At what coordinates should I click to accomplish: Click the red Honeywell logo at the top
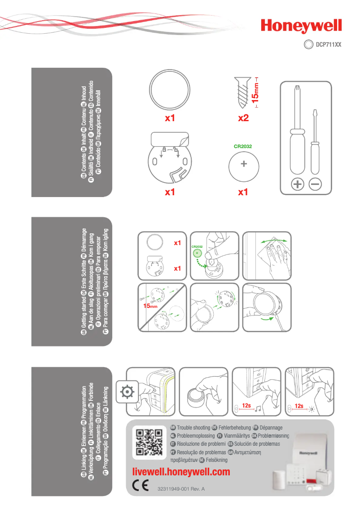pos(301,26)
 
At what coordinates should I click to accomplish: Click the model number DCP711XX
pos(328,44)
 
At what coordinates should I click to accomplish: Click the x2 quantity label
pos(243,118)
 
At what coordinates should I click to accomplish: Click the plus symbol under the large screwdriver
pos(298,184)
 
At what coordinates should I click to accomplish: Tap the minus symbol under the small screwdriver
pos(316,184)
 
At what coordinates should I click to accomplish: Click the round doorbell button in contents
pos(169,87)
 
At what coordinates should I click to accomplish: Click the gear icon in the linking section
pos(127,392)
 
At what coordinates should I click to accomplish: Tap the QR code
pos(149,443)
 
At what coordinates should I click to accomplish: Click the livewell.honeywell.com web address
pos(182,472)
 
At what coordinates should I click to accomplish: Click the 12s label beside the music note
pos(246,406)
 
